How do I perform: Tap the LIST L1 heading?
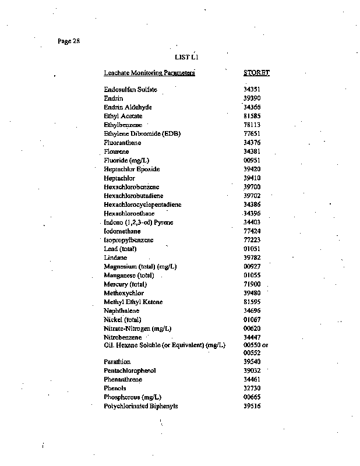pos(188,57)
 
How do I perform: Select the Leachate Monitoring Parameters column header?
pos(149,73)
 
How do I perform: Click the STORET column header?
pos(256,73)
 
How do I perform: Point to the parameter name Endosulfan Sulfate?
pos(130,90)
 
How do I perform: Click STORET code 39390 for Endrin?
pos(252,98)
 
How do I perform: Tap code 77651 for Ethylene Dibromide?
pos(252,133)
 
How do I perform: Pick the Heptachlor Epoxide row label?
pos(132,169)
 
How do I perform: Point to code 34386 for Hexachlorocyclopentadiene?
pos(252,204)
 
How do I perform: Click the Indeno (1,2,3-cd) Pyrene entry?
pos(139,222)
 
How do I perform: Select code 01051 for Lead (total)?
pos(252,249)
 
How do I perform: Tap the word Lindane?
pos(115,257)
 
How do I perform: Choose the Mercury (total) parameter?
pos(125,284)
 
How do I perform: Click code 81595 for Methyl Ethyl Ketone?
pos(252,302)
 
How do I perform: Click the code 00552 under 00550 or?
pos(252,353)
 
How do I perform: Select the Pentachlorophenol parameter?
pos(130,370)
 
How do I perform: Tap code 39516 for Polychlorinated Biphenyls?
pos(252,406)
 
